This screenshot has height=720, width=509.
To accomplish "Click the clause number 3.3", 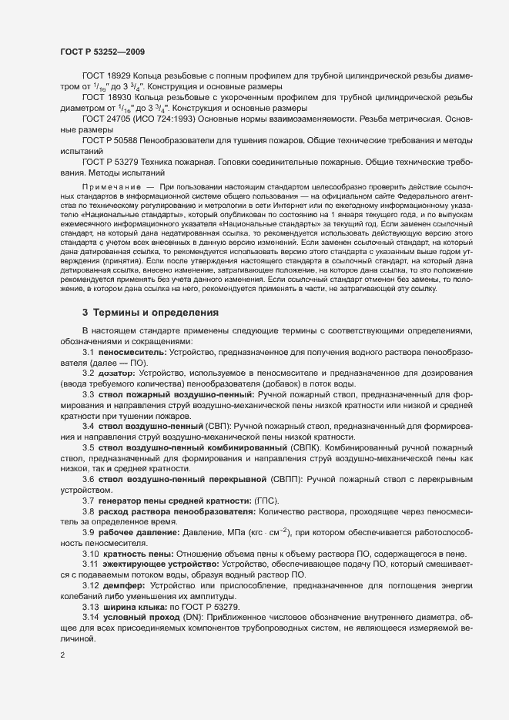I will pyautogui.click(x=88, y=393).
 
